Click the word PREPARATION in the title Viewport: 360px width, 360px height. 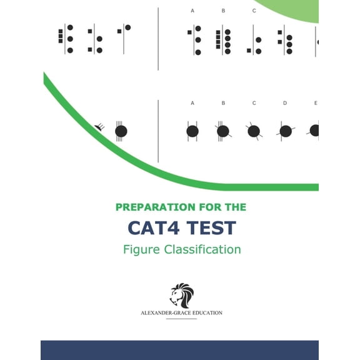(156, 207)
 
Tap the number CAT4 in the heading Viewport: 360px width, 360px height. (153, 227)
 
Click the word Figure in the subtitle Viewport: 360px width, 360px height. (141, 250)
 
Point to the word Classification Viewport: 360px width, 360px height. (202, 249)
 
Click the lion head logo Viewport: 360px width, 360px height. (182, 295)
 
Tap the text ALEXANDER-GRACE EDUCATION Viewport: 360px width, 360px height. (181, 313)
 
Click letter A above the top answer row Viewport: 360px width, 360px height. (192, 11)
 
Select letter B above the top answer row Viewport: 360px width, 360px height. (223, 11)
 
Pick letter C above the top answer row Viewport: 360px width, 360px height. (254, 11)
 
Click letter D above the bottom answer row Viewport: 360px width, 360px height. (285, 103)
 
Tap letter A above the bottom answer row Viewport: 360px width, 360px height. (192, 103)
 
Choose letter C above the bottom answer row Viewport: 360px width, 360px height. (254, 103)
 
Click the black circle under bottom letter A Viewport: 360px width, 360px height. (192, 131)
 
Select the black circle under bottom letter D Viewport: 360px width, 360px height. (286, 131)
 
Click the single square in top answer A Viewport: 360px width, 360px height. (189, 32)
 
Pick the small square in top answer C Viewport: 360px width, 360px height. (249, 50)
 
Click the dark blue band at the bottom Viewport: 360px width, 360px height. (179, 350)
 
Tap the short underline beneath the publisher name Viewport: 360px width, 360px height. (181, 319)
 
